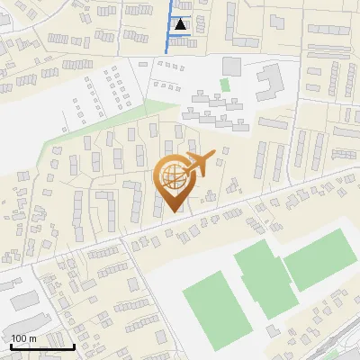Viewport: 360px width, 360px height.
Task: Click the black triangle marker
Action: pos(182,24)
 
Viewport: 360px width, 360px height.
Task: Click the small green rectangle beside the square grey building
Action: pos(225,85)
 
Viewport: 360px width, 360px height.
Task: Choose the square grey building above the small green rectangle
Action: pos(232,66)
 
